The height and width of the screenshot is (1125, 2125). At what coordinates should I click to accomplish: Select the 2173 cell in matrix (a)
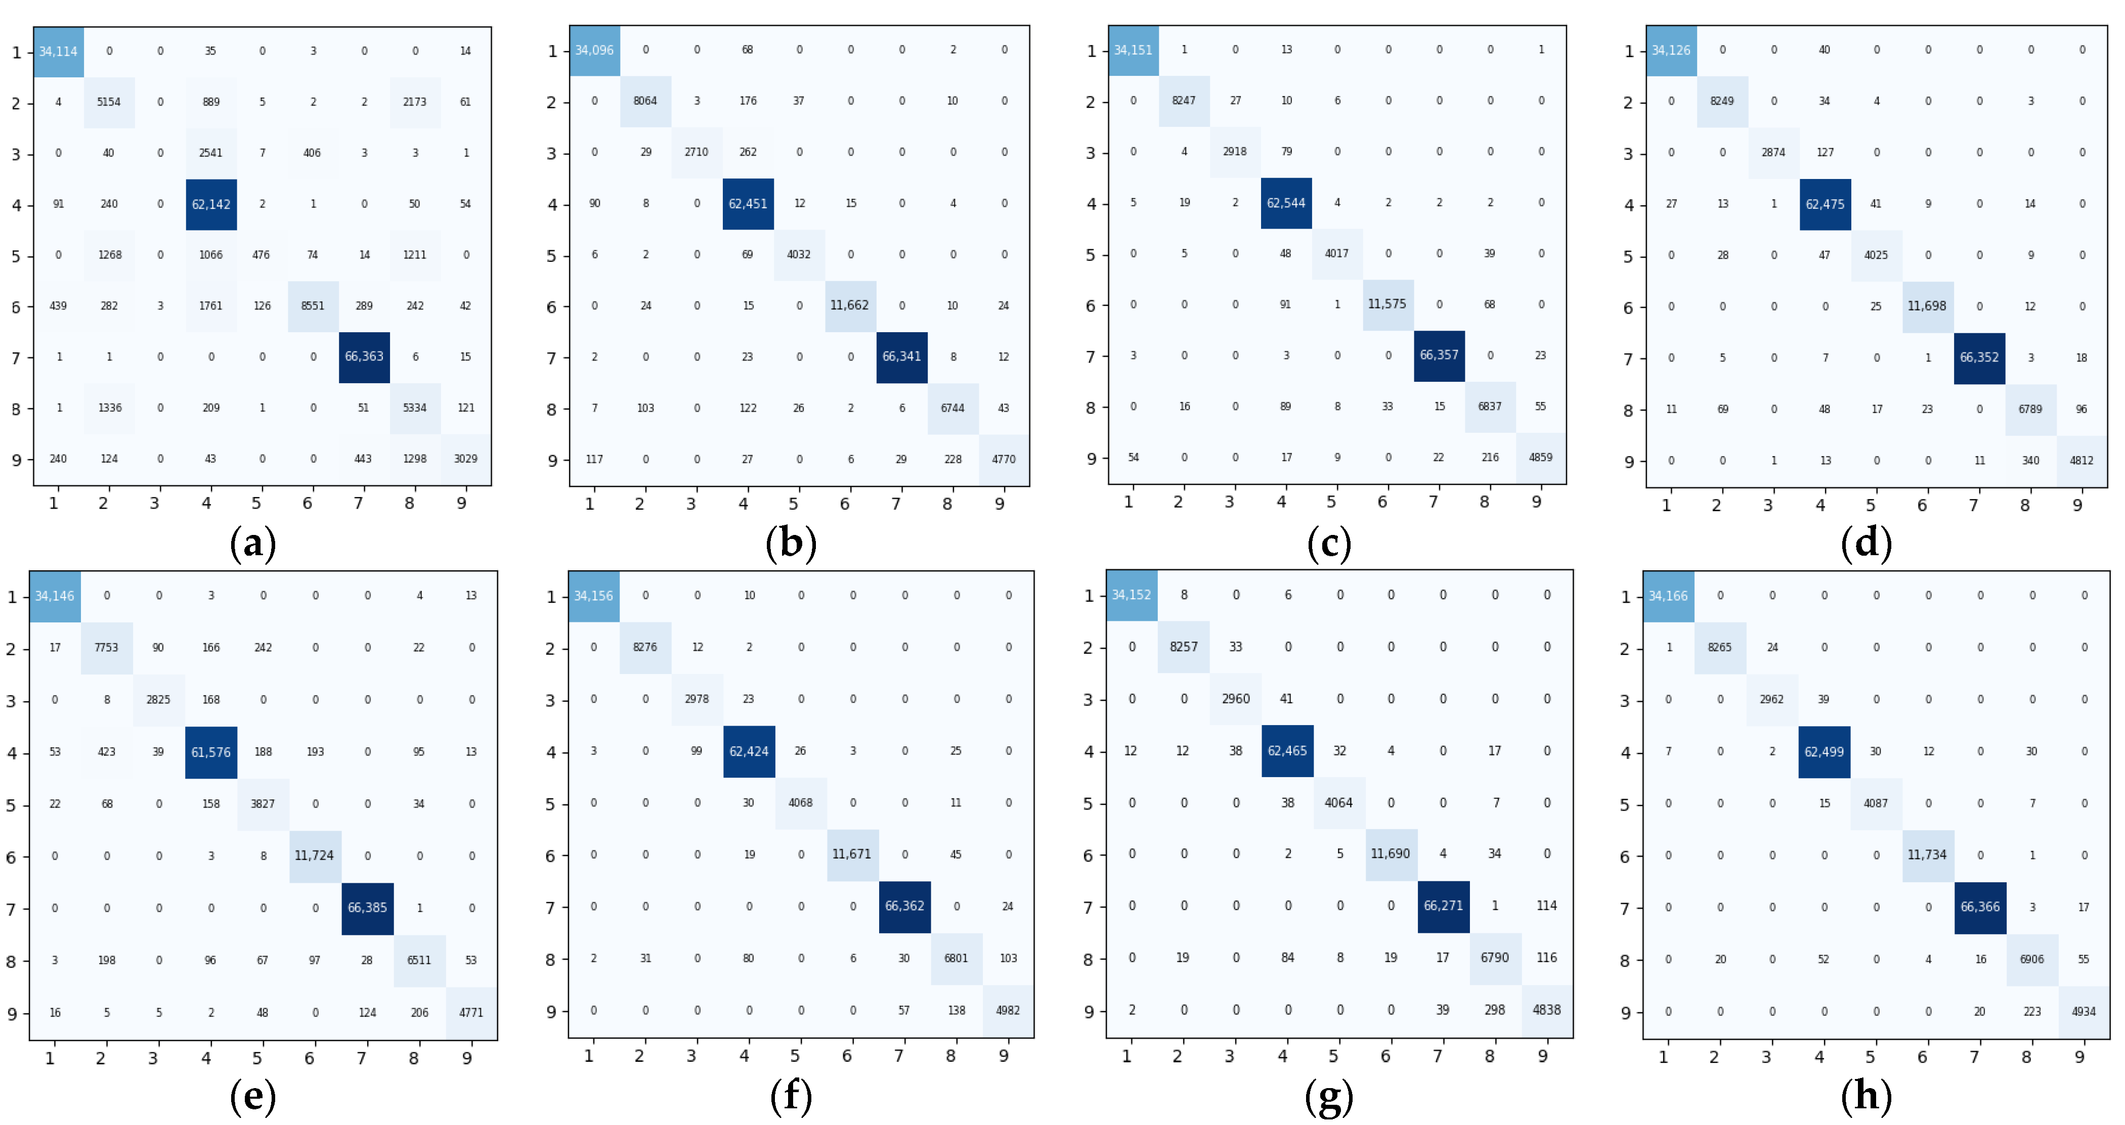pos(415,102)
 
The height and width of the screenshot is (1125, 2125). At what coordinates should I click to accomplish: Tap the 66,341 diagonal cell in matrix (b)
pos(901,356)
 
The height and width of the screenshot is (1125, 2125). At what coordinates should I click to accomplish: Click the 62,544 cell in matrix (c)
pos(1286,203)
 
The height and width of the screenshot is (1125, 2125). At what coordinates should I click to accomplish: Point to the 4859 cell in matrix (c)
pos(1540,457)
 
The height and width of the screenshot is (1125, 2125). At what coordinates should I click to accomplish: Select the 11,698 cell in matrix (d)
pos(1927,306)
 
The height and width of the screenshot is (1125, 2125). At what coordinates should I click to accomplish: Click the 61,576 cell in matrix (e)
pos(211,752)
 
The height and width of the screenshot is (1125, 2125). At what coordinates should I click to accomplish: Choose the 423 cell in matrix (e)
pos(106,752)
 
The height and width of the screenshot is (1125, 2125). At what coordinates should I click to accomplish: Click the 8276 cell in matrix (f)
pos(645,648)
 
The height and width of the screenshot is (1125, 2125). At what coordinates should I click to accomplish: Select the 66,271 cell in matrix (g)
pos(1443,906)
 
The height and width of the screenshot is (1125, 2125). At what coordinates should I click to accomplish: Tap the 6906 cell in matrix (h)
pos(2032,959)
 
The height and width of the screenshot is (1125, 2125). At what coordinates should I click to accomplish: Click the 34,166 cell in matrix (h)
pos(1668,596)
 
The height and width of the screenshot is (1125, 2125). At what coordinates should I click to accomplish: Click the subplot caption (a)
pos(252,545)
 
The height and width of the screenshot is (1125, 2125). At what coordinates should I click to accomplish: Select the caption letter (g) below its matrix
pos(1328,1097)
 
